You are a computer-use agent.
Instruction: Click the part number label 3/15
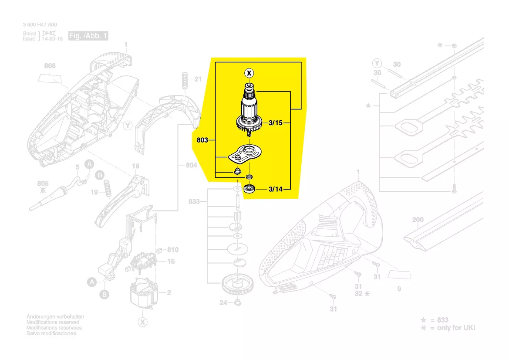coord(276,124)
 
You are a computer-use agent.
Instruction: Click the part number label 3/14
coord(276,189)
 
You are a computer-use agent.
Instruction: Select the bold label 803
coord(202,140)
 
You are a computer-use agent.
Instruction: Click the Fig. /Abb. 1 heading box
coord(88,36)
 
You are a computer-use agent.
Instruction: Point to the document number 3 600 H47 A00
coord(39,25)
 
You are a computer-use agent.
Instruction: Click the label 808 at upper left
coord(50,66)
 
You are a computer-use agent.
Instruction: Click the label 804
coord(192,165)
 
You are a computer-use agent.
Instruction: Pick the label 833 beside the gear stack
coord(194,201)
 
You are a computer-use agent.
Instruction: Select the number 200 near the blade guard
coord(418,220)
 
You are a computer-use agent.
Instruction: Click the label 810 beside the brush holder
coord(173,250)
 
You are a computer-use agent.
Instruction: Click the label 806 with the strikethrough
coord(43,184)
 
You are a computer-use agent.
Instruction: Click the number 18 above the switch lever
coord(135,166)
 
